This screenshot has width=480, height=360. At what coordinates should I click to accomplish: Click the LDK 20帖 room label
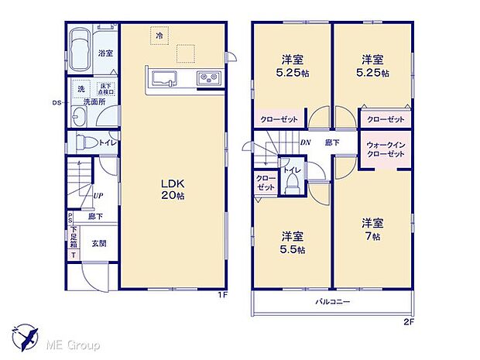click(x=172, y=188)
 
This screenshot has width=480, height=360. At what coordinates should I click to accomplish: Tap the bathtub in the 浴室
click(x=80, y=50)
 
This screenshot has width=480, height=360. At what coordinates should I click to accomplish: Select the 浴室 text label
click(x=105, y=53)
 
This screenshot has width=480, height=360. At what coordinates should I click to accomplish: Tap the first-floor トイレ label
click(x=107, y=142)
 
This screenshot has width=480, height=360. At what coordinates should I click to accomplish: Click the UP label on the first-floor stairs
click(x=99, y=196)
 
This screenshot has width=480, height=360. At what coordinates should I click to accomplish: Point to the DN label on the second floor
click(x=305, y=142)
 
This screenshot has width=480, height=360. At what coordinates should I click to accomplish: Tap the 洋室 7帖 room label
click(x=372, y=228)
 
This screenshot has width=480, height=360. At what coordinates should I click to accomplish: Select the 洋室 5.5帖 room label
click(x=293, y=242)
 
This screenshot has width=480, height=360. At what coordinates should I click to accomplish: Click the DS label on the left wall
click(x=56, y=102)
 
